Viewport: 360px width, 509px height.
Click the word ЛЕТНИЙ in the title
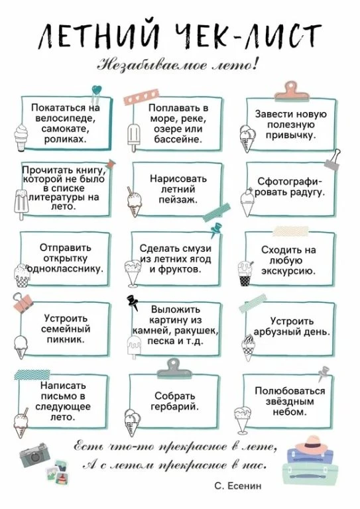99,36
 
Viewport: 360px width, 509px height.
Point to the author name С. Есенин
237,486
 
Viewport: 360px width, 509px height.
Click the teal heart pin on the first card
96,90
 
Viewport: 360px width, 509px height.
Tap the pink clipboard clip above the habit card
291,91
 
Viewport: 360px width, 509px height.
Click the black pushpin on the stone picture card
133,302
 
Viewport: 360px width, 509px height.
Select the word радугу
308,192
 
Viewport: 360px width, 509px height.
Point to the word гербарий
174,406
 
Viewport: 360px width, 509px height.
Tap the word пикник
66,339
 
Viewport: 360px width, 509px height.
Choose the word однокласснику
65,269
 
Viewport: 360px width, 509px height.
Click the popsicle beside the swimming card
133,137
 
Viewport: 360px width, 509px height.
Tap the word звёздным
290,402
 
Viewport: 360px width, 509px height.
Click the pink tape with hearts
141,97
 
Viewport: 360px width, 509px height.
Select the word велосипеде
65,119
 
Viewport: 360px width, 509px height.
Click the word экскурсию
288,271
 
